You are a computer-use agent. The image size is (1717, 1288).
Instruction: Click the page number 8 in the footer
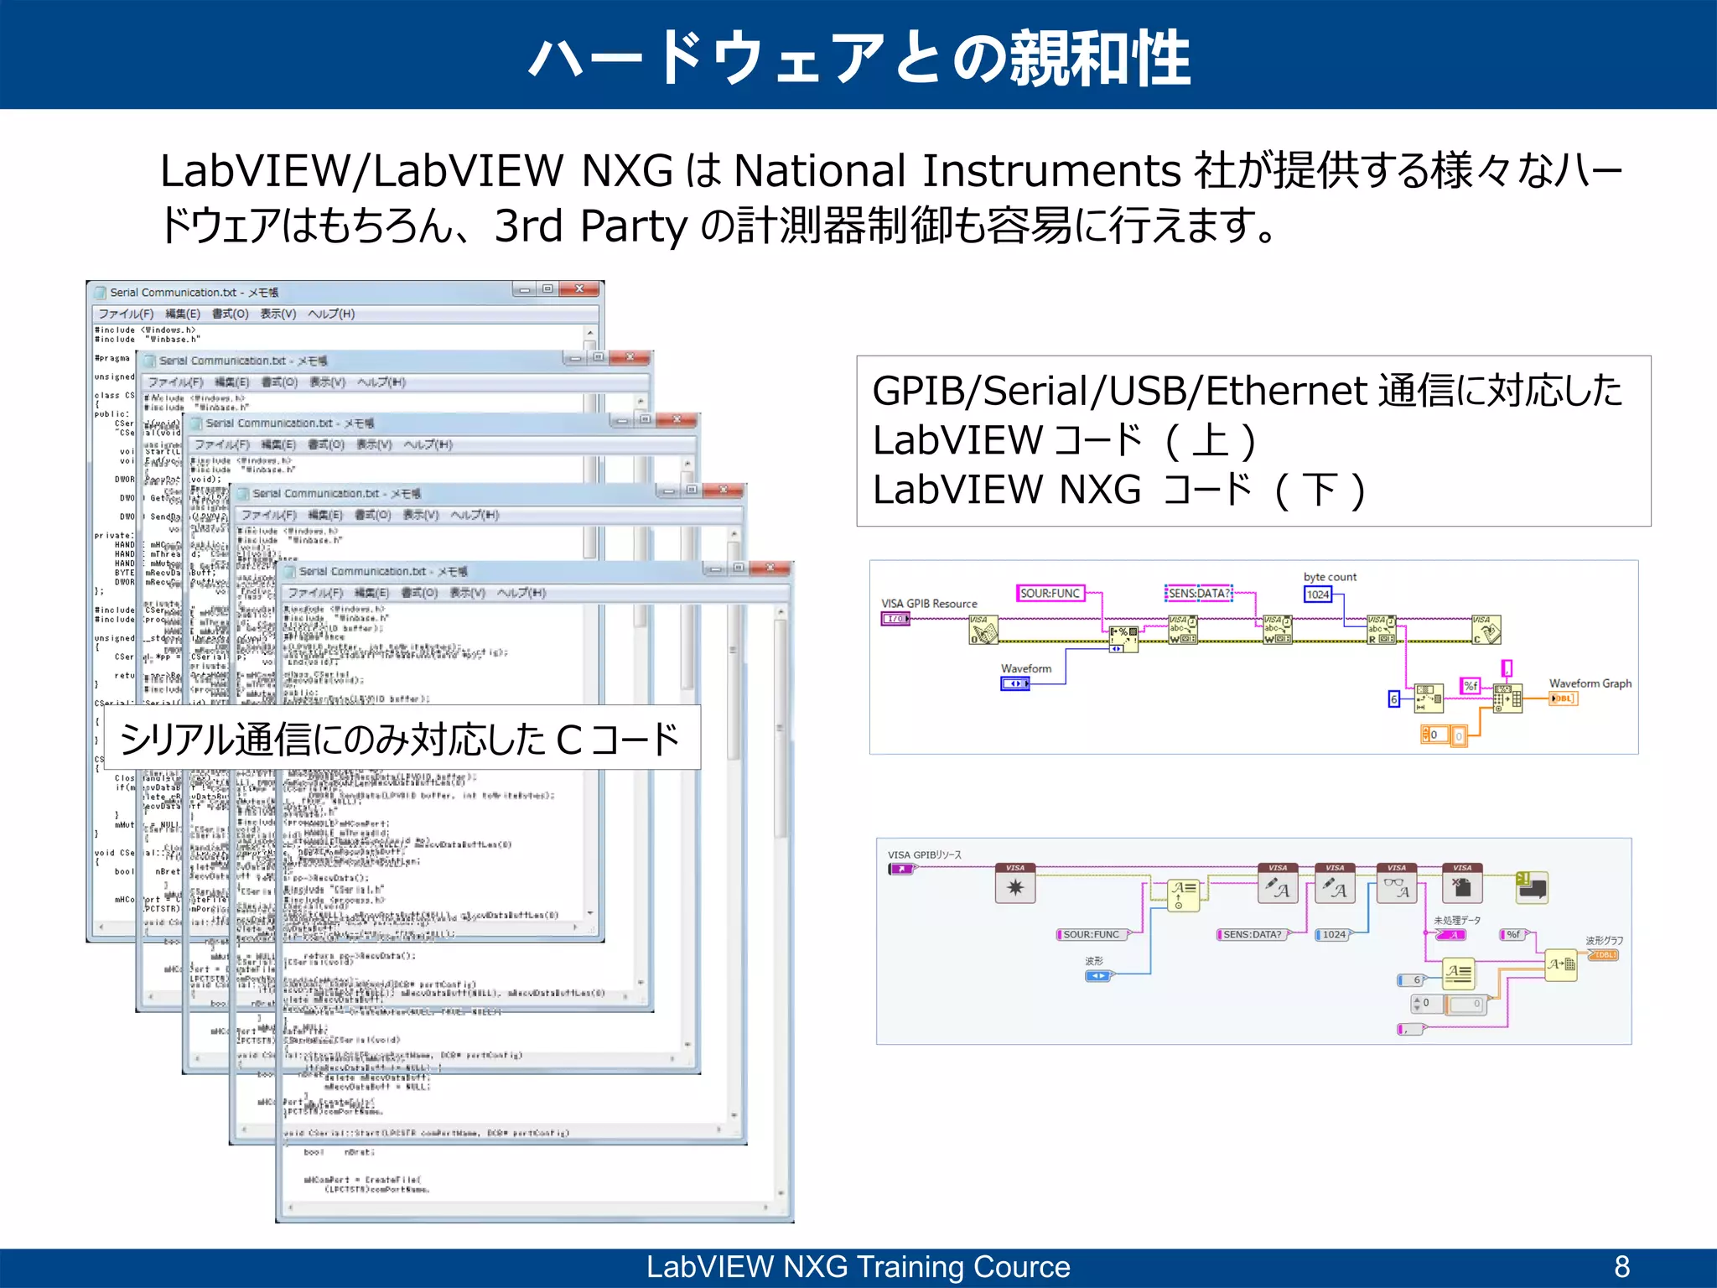point(1622,1266)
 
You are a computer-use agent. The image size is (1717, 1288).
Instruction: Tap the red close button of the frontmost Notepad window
point(770,569)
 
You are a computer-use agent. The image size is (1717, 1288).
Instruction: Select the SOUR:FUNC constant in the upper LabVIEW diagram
point(1050,594)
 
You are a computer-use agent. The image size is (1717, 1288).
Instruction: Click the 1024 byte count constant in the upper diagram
point(1318,595)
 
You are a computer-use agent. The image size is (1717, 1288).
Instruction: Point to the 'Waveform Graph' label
point(1590,683)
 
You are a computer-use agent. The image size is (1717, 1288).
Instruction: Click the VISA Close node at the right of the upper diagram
point(1486,630)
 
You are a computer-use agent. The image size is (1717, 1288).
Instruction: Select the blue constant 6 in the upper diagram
point(1393,699)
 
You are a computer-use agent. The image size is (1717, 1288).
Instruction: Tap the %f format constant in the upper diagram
point(1471,686)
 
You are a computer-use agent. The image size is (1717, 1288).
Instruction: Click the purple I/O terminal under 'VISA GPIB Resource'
point(895,619)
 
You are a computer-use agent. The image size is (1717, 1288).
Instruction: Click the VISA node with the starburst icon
point(1015,885)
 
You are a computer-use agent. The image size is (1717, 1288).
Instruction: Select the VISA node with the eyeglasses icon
point(1397,885)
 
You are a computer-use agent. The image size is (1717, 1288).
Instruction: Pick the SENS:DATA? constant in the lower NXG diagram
point(1252,934)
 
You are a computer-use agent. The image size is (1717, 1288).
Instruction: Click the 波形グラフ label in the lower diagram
point(1604,941)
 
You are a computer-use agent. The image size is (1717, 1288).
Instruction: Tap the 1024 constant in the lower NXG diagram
point(1334,934)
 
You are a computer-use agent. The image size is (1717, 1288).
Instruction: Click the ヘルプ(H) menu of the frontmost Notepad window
point(521,593)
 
